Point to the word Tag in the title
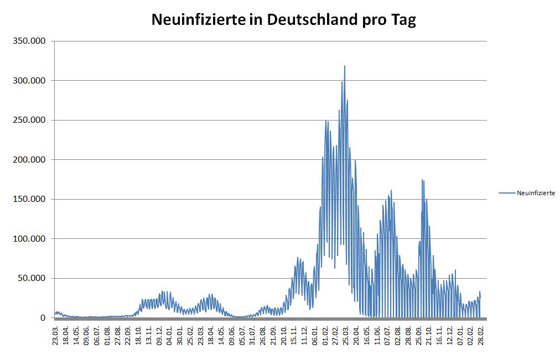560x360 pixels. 401,20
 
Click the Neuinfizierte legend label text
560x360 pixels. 536,193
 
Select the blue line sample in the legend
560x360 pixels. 506,193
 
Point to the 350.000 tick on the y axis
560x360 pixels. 33,41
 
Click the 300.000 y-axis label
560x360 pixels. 33,81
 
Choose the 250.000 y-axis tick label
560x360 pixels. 33,121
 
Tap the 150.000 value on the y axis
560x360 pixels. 33,200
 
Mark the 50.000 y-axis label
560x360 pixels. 34,279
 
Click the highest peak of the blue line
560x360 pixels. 345,66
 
